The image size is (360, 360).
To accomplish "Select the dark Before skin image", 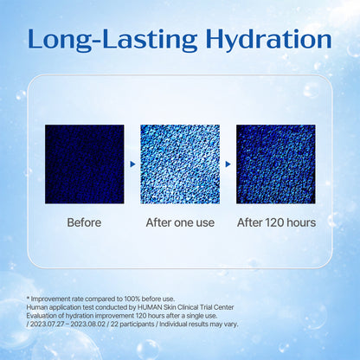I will point(84,164).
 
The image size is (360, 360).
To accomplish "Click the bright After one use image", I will point(179,164).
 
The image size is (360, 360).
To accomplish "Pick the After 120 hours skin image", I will point(275,164).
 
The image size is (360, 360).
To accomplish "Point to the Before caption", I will point(84,222).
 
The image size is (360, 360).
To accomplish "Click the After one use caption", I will point(179,222).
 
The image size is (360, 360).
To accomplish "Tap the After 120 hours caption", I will point(275,222).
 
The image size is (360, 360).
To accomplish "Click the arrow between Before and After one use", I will point(132,163).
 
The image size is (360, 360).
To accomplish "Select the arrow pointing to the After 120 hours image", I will point(228,163).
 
